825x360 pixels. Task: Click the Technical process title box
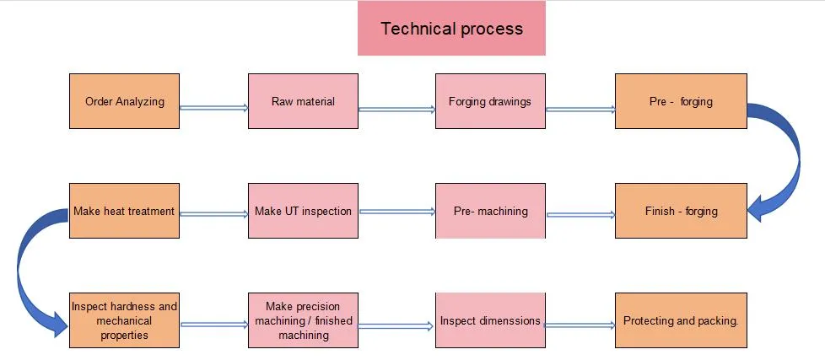451,29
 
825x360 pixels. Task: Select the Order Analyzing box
124,101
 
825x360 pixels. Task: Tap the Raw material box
303,101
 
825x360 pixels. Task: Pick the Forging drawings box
490,101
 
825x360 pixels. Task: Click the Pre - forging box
681,101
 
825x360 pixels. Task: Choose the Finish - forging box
681,211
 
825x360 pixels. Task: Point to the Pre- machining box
490,211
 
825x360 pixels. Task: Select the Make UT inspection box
303,211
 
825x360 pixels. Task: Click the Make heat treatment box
124,211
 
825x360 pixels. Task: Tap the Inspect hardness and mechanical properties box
124,320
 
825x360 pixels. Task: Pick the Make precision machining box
303,320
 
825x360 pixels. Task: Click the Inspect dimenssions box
490,320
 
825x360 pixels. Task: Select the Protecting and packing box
681,320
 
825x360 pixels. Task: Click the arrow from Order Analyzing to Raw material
213,107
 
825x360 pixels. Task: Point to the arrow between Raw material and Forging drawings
396,109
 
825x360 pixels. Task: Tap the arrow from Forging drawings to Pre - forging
580,109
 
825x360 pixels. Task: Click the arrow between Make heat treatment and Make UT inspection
213,214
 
